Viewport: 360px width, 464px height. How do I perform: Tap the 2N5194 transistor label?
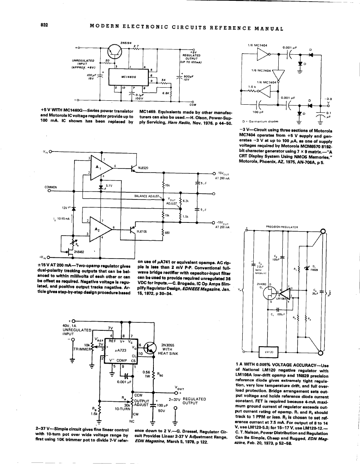pos(126,42)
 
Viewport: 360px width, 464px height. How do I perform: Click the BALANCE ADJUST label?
pos(147,196)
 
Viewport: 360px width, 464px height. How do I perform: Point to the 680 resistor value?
pos(167,233)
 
